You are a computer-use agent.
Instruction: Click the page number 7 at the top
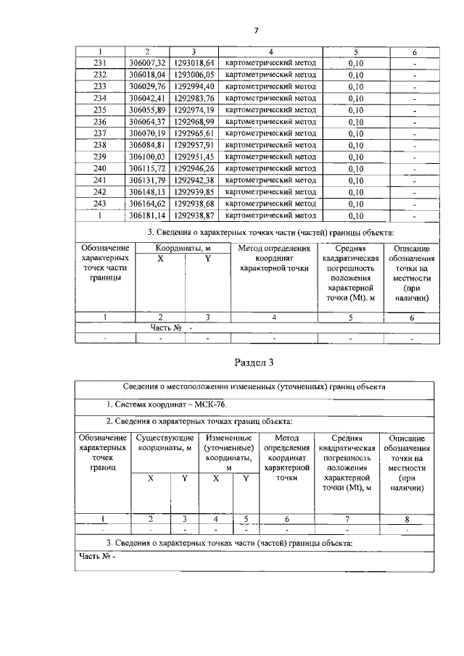point(256,30)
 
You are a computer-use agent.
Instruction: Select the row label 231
point(101,63)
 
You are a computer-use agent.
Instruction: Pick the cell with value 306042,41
point(147,98)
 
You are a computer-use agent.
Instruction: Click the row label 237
point(101,133)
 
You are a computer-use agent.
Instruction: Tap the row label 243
point(101,204)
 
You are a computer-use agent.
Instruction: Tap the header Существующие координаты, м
point(165,443)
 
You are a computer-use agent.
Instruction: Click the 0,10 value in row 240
point(355,168)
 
